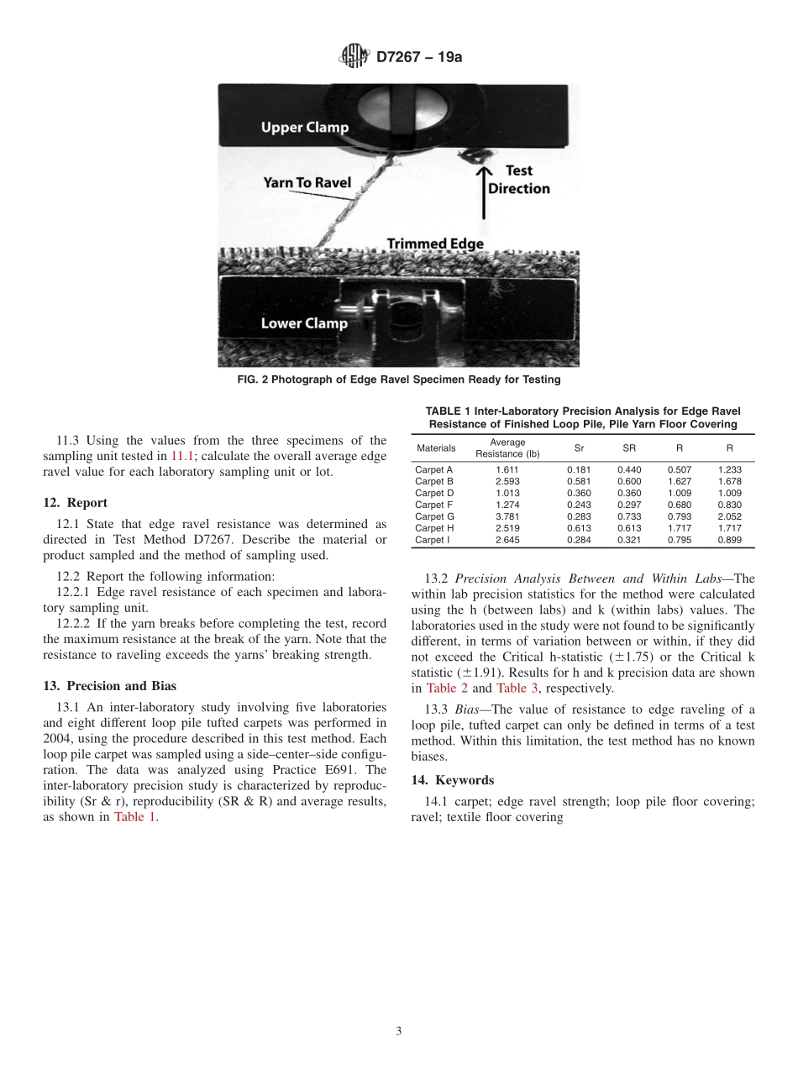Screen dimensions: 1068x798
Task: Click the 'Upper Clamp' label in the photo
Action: pos(304,128)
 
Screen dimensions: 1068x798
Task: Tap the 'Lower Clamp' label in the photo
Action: pos(304,323)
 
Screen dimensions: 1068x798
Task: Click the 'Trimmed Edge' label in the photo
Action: pos(435,243)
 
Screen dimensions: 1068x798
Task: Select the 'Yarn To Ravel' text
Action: pos(307,182)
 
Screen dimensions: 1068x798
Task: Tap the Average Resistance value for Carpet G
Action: pos(507,516)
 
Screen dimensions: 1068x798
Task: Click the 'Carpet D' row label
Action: pos(434,493)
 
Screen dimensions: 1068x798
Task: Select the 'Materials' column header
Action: pos(436,448)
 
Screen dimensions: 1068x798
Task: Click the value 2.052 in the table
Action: pos(729,516)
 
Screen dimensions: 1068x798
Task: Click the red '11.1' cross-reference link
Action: pos(182,456)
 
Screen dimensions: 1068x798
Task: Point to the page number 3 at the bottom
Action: pos(399,1031)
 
